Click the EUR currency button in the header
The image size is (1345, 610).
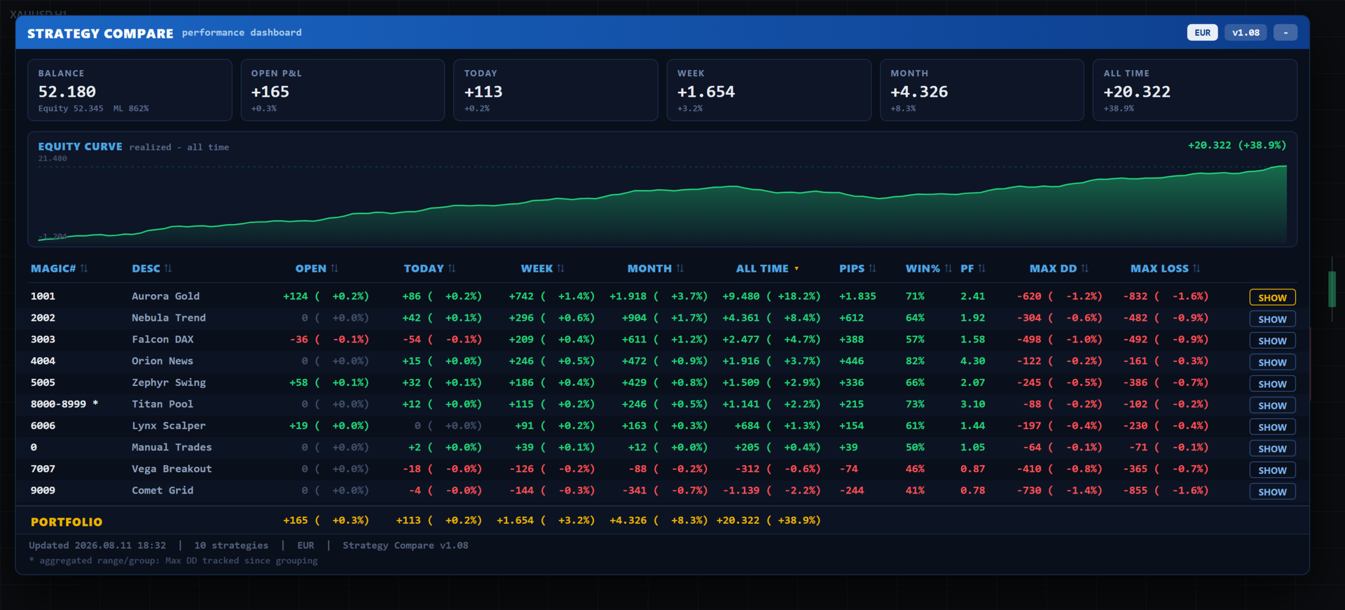click(1202, 33)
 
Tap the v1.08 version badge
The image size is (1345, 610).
click(1246, 33)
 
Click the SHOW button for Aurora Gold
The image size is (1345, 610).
click(1272, 298)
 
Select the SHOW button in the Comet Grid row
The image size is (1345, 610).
click(1272, 492)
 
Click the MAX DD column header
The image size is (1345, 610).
click(1053, 269)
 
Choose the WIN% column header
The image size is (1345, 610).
click(923, 269)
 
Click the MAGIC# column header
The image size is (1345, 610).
click(53, 269)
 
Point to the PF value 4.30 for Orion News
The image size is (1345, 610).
click(972, 361)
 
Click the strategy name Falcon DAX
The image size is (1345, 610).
click(163, 340)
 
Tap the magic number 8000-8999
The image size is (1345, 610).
click(58, 404)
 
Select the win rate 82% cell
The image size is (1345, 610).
click(915, 361)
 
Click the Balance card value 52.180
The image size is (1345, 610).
click(67, 92)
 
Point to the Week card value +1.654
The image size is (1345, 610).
click(706, 92)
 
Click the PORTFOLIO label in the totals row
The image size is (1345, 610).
click(67, 522)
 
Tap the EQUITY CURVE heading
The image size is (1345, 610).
click(80, 146)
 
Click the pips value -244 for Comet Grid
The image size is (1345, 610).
click(852, 491)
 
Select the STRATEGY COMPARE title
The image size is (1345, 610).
click(100, 34)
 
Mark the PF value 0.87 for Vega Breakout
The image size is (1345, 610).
click(972, 469)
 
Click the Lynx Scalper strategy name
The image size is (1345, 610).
click(169, 426)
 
